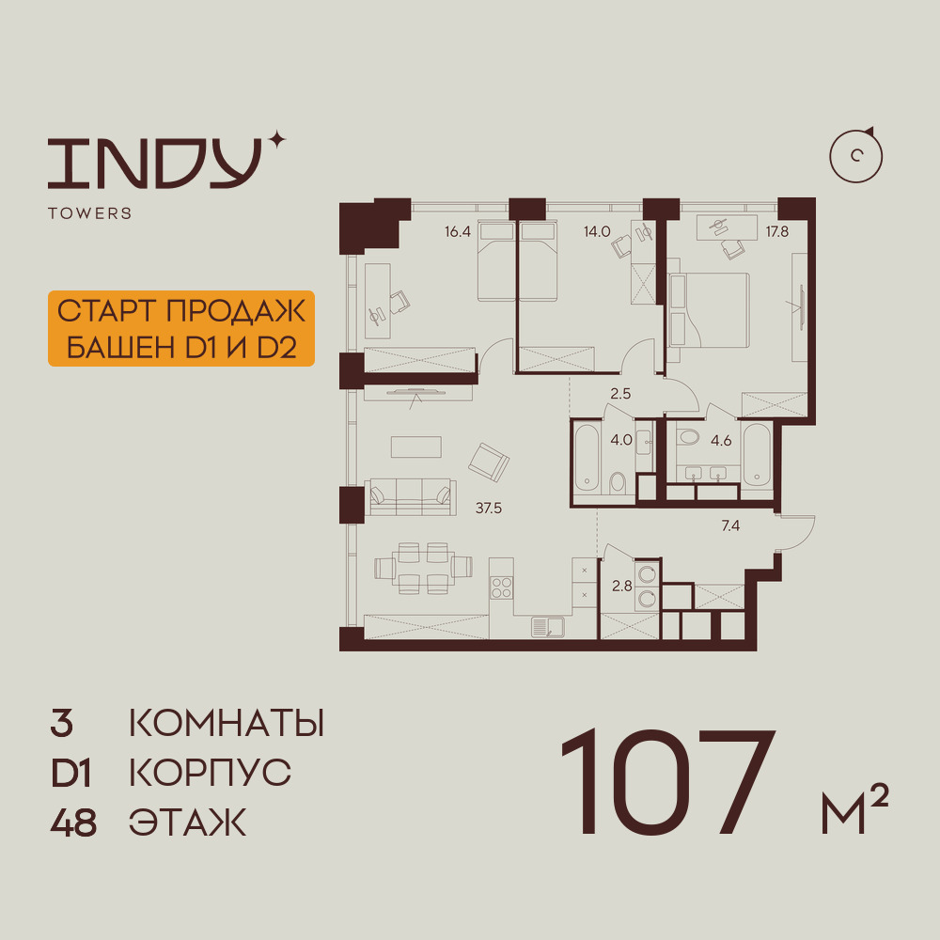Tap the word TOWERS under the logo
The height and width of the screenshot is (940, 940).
pyautogui.click(x=90, y=213)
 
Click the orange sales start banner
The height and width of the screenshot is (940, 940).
pyautogui.click(x=181, y=328)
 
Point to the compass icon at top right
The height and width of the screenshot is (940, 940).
pyautogui.click(x=856, y=155)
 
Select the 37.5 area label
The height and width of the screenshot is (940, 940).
pyautogui.click(x=489, y=509)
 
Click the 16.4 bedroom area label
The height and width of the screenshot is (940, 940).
pyautogui.click(x=458, y=231)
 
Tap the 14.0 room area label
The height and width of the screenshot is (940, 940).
pyautogui.click(x=597, y=231)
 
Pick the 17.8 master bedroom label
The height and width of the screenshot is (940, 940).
pyautogui.click(x=777, y=231)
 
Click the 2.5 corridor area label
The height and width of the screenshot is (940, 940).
pyautogui.click(x=620, y=394)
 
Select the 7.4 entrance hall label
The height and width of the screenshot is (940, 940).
pyautogui.click(x=730, y=525)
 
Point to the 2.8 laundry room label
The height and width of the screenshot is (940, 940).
pyautogui.click(x=621, y=586)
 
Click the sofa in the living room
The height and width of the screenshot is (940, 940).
pyautogui.click(x=410, y=497)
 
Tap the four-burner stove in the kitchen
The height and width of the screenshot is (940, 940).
pyautogui.click(x=501, y=587)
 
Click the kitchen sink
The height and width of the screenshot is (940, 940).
pyautogui.click(x=548, y=627)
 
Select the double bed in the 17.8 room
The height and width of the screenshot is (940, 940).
pyautogui.click(x=709, y=310)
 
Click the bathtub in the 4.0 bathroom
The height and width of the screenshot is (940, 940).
pyautogui.click(x=587, y=458)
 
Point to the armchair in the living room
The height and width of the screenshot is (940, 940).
pyautogui.click(x=489, y=462)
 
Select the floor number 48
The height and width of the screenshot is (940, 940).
pyautogui.click(x=73, y=822)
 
